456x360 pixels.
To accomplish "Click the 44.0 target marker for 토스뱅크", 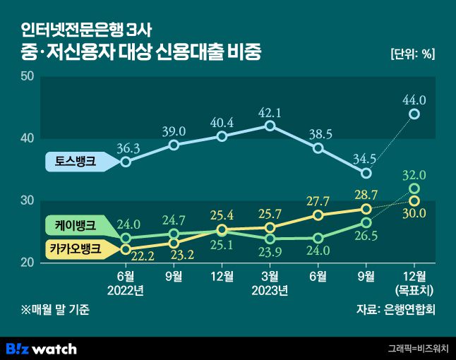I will [415, 114].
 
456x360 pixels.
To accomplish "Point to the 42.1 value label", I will [270, 112].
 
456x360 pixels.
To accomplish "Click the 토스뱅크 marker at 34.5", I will [366, 173].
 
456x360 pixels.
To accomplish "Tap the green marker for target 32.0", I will [415, 188].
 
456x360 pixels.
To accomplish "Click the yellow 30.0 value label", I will [414, 214].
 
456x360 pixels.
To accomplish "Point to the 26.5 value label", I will [366, 236].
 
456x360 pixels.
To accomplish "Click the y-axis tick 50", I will [28, 76].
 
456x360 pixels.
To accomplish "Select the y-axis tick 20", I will [28, 263].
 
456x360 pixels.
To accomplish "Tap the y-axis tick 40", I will [28, 138].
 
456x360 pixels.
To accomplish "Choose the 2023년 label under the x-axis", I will [270, 290].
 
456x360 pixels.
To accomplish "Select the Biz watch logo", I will [41, 348].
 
